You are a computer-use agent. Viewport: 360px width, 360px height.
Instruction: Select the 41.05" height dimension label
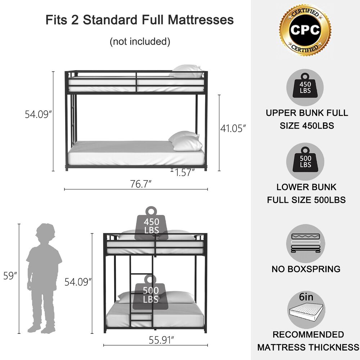tap(233, 128)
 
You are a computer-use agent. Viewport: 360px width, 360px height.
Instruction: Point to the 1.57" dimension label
tap(185, 173)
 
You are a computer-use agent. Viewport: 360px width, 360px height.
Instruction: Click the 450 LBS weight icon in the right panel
tap(305, 89)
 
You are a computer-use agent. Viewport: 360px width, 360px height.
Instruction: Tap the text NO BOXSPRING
tap(306, 269)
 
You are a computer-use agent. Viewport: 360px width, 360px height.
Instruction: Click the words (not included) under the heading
tap(140, 41)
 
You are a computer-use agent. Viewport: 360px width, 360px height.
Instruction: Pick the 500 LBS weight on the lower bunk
tap(150, 294)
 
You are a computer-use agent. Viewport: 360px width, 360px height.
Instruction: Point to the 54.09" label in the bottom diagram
tap(78, 282)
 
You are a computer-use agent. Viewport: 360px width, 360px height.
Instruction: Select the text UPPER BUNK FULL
tap(307, 113)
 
